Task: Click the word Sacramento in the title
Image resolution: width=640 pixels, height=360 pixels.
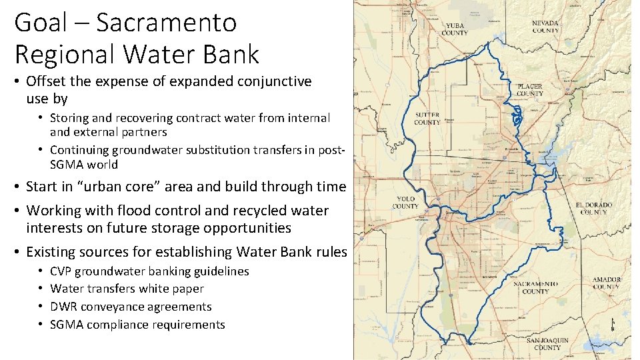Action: coord(166,23)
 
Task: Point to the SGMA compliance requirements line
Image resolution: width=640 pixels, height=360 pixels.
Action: coord(137,325)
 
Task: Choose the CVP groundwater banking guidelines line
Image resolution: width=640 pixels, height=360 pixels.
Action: coord(149,271)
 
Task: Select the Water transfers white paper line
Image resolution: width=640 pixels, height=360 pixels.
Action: coord(127,289)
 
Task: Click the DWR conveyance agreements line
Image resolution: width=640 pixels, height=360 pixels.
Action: coord(131,307)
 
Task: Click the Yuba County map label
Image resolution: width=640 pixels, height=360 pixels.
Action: coord(455,29)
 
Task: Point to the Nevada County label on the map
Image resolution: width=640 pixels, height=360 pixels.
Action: coord(545,27)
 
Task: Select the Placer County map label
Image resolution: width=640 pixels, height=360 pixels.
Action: coord(530,90)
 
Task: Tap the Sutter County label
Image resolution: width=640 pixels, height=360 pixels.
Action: coord(427,119)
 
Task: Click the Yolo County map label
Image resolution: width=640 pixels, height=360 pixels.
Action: coord(405,202)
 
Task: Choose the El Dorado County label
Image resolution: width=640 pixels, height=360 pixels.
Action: coord(593,208)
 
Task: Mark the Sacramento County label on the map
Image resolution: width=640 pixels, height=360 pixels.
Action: coord(535,287)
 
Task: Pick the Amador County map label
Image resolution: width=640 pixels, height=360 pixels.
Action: coord(606,283)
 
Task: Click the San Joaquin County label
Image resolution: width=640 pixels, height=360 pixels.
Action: coord(547,343)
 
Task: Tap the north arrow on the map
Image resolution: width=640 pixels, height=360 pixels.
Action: coord(613,324)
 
